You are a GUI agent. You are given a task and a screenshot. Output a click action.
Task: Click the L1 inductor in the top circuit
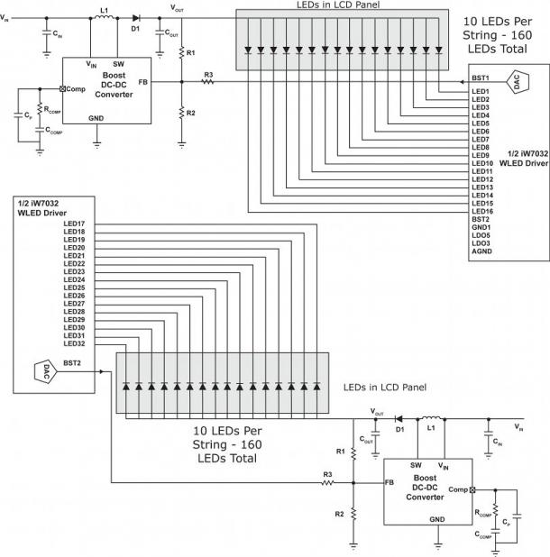104,18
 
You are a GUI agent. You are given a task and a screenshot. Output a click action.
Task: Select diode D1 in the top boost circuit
136,17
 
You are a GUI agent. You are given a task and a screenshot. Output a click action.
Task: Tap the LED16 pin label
481,210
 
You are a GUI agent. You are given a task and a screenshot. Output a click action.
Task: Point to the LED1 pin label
480,91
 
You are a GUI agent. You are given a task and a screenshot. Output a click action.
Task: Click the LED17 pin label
74,224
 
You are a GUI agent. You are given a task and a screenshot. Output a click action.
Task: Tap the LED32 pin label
74,343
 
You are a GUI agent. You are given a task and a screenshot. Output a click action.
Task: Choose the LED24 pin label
74,279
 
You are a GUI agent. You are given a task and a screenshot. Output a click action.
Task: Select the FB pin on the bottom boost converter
389,482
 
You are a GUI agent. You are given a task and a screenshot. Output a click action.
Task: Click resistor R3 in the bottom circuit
328,482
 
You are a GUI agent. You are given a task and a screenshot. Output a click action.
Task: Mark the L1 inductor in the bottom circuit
431,420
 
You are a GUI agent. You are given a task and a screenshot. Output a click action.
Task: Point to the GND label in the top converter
96,118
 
